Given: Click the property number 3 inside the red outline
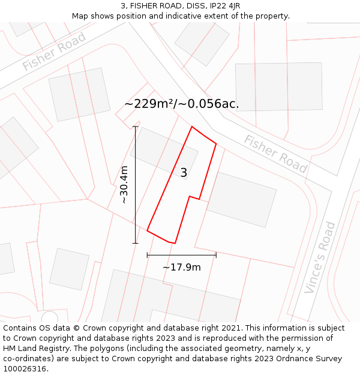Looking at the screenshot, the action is (x=184, y=173).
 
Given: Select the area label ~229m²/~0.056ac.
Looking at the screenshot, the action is (x=182, y=104).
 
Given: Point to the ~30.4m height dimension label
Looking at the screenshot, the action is (x=124, y=185).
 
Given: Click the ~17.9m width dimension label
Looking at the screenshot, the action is (x=181, y=267).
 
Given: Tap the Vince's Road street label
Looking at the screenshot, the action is (x=320, y=257).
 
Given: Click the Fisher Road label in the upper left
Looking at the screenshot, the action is (x=54, y=51).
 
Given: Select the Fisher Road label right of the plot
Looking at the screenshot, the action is (x=275, y=154).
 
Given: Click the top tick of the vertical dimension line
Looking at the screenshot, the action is (x=136, y=127).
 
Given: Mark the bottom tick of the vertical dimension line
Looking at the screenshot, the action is (x=136, y=243).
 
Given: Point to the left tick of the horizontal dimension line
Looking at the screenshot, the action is (x=147, y=255).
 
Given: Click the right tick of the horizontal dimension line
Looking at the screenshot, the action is (x=216, y=255).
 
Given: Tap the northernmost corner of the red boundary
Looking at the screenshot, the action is (x=191, y=127).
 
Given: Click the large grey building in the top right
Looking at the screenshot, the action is (x=278, y=86).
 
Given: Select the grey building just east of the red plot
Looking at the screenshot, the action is (x=241, y=199).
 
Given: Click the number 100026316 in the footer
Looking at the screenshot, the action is (x=25, y=369).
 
